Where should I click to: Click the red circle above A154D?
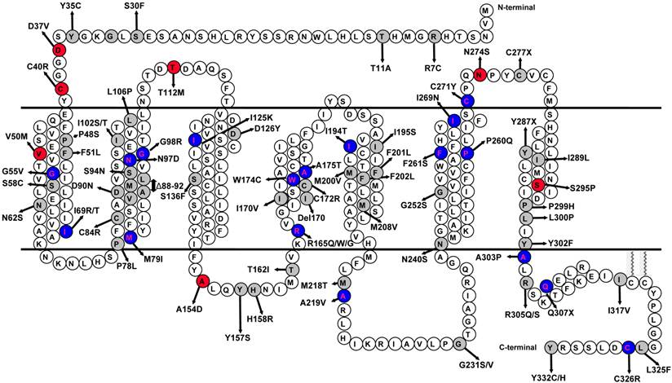[201, 280]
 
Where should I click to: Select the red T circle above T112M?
[173, 67]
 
